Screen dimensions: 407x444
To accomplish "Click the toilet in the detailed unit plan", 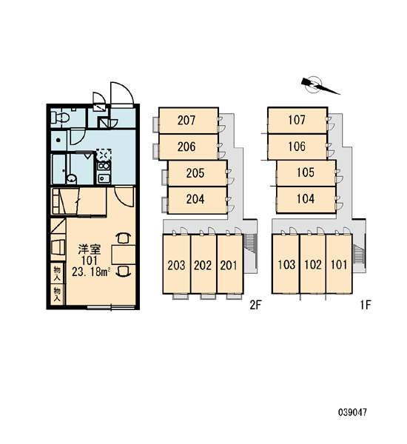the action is click(59, 117).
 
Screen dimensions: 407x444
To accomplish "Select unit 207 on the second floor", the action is click(189, 121).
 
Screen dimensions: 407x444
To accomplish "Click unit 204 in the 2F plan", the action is click(198, 199).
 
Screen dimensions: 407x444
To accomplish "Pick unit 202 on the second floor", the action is click(203, 264).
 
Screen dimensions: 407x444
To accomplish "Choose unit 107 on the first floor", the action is click(297, 120).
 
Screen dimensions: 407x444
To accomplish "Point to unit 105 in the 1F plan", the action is click(306, 172).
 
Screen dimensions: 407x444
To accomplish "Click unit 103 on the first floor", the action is click(286, 264).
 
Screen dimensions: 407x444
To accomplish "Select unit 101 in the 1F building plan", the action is click(339, 264).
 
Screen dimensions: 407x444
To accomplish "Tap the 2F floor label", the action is click(255, 305).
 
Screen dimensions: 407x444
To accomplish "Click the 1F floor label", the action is click(365, 305).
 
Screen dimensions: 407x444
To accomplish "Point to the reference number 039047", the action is click(353, 412).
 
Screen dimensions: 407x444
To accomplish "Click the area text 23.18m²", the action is click(91, 272).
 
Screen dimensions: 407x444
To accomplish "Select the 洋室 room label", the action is click(90, 249).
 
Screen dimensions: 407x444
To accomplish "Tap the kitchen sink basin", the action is click(104, 178).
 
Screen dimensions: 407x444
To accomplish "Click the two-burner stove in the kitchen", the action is click(104, 166).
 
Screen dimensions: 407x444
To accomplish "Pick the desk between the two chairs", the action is click(124, 255).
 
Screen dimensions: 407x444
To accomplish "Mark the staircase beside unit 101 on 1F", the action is click(359, 255).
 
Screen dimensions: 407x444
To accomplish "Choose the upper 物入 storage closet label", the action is click(57, 274).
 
